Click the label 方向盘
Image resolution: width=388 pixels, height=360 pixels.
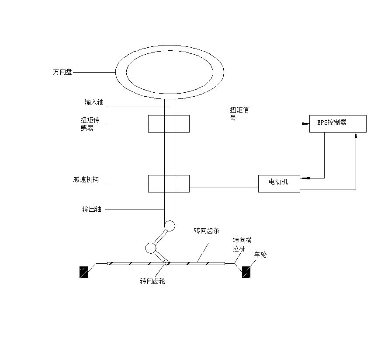(62, 72)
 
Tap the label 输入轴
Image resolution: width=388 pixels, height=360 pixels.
(94, 102)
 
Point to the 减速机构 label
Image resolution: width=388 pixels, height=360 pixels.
(86, 180)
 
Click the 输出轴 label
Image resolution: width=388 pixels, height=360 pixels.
(92, 209)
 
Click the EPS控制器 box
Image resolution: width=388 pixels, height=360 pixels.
(338, 123)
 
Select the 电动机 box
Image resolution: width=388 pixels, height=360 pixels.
(279, 183)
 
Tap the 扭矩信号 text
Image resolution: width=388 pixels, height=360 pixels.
(239, 114)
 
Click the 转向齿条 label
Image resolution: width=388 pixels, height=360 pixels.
(207, 231)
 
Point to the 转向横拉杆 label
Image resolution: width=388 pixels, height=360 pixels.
(241, 244)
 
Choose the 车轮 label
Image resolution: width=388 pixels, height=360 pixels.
(260, 254)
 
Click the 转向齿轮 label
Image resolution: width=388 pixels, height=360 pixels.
(152, 281)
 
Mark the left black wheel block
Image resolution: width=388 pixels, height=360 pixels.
(83, 272)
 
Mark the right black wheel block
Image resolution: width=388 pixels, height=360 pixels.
(246, 272)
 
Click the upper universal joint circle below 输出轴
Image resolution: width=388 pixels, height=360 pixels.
(169, 226)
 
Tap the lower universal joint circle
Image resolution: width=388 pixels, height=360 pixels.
(151, 248)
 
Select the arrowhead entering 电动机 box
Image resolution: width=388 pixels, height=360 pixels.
(305, 178)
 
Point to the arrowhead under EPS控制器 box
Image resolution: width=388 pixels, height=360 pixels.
(356, 136)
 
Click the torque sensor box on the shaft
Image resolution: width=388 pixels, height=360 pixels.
(169, 123)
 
